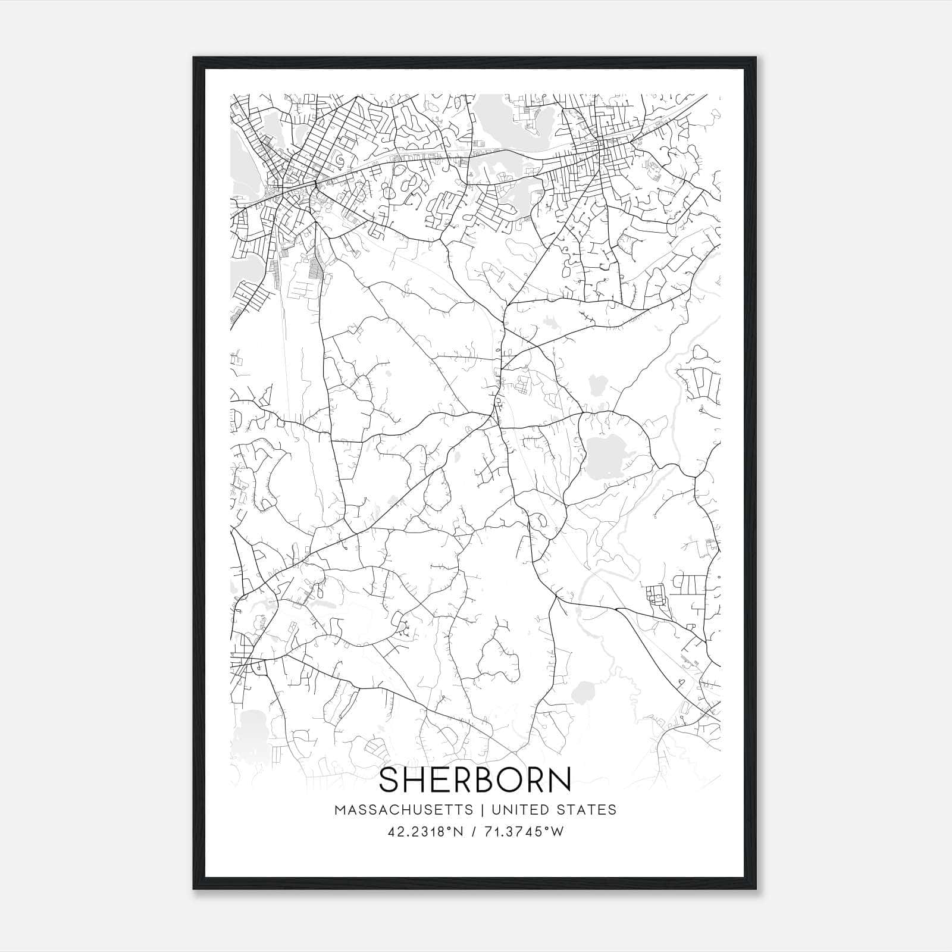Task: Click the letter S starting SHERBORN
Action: pyautogui.click(x=390, y=780)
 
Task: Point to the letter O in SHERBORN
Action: pyautogui.click(x=516, y=780)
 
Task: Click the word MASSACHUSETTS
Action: pyautogui.click(x=404, y=810)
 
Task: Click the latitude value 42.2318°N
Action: pyautogui.click(x=424, y=832)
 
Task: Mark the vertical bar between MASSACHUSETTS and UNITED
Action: pyautogui.click(x=480, y=810)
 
